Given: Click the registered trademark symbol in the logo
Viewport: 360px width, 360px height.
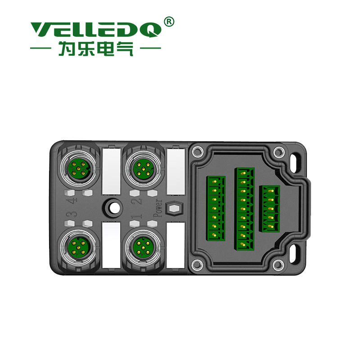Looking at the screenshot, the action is [x=169, y=22].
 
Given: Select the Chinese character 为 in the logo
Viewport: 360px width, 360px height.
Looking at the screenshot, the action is [x=67, y=49].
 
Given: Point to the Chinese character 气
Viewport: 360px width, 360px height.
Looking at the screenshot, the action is [x=125, y=49].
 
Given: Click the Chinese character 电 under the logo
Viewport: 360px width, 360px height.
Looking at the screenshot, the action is [x=105, y=49].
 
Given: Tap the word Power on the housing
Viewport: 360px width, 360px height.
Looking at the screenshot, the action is [x=158, y=208].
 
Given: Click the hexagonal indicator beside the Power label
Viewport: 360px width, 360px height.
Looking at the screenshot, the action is [x=174, y=208].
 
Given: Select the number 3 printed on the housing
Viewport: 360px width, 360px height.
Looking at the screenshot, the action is [x=72, y=215].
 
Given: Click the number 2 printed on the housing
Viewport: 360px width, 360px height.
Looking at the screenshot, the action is [x=136, y=201].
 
